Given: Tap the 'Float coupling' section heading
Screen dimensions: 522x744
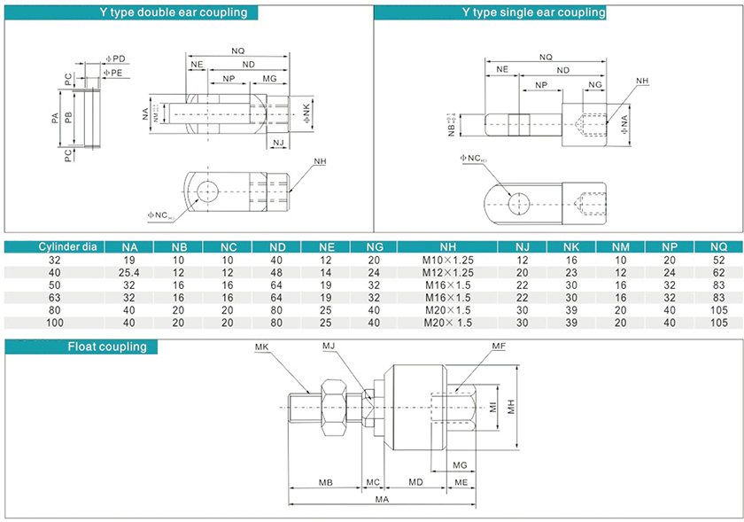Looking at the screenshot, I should coord(107,347).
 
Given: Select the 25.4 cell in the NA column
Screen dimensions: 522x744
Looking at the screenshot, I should coord(129,273).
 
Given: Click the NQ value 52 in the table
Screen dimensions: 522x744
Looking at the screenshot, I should coord(718,261).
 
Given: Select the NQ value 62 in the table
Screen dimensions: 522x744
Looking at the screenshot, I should coord(718,273).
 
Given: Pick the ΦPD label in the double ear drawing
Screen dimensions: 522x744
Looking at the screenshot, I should coord(116,58).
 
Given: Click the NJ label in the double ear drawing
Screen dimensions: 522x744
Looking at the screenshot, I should coord(278,143).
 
